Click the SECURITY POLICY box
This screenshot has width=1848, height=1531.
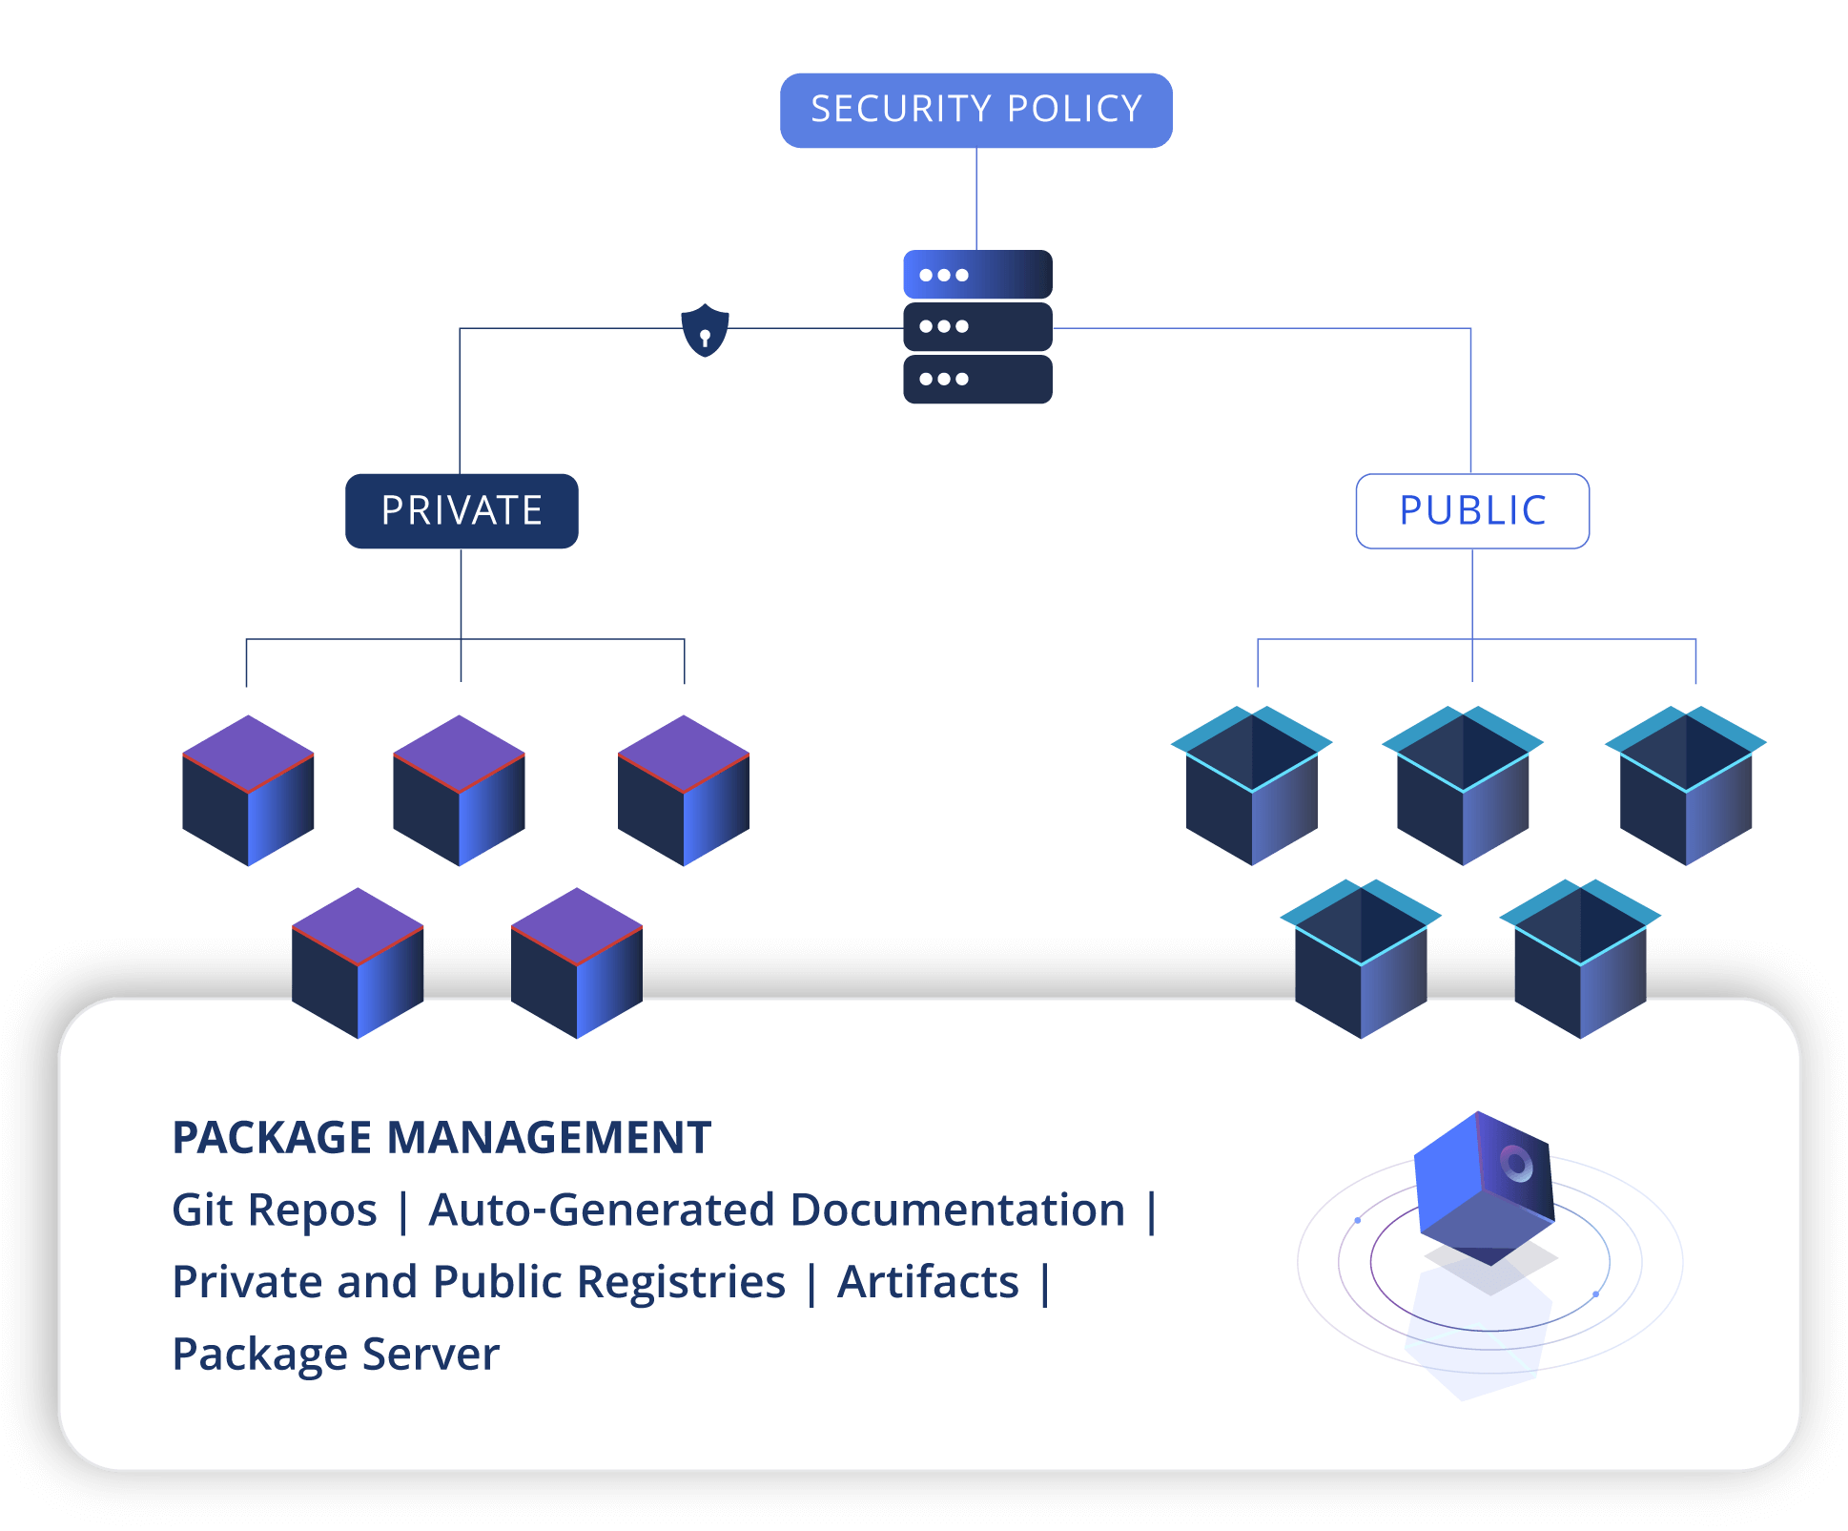click(975, 110)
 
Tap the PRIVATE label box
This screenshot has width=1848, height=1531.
click(462, 510)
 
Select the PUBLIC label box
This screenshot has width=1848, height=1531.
click(1471, 510)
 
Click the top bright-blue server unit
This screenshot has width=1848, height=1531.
click(976, 275)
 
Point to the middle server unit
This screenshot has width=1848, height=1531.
click(976, 326)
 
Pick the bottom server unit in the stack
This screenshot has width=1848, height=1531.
click(976, 379)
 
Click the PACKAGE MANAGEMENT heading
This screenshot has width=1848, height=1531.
click(441, 1137)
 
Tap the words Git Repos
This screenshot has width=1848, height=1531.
click(275, 1210)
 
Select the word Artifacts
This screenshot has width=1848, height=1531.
click(928, 1281)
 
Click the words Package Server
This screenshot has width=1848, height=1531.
click(336, 1354)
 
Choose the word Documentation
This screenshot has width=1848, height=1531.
click(957, 1210)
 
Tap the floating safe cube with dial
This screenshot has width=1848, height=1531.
click(1484, 1188)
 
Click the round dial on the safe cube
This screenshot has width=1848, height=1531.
click(1516, 1163)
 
